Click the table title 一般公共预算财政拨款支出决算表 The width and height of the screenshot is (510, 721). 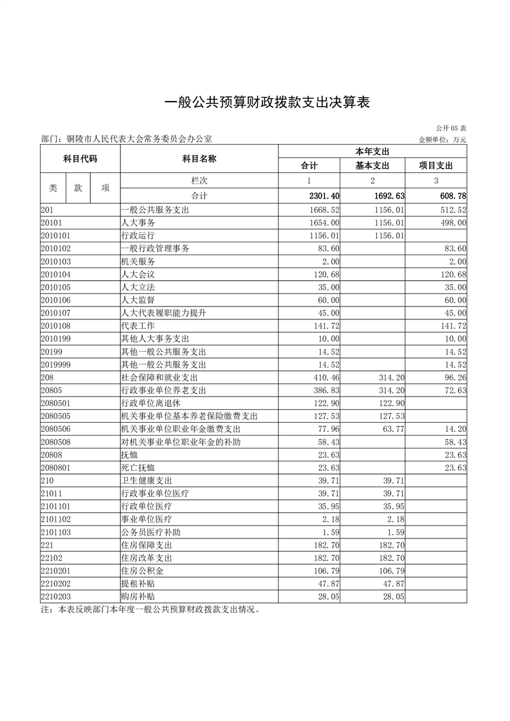coord(255,103)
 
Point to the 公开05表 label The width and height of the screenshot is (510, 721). coord(451,129)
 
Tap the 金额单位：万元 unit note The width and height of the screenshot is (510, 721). coord(442,139)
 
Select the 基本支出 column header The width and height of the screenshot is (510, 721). coord(373,165)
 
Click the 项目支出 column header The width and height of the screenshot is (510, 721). coord(436,165)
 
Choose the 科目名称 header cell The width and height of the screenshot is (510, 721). coord(199,159)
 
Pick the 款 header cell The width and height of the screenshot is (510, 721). coord(78,188)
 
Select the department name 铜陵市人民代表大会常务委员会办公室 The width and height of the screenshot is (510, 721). coord(136,139)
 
